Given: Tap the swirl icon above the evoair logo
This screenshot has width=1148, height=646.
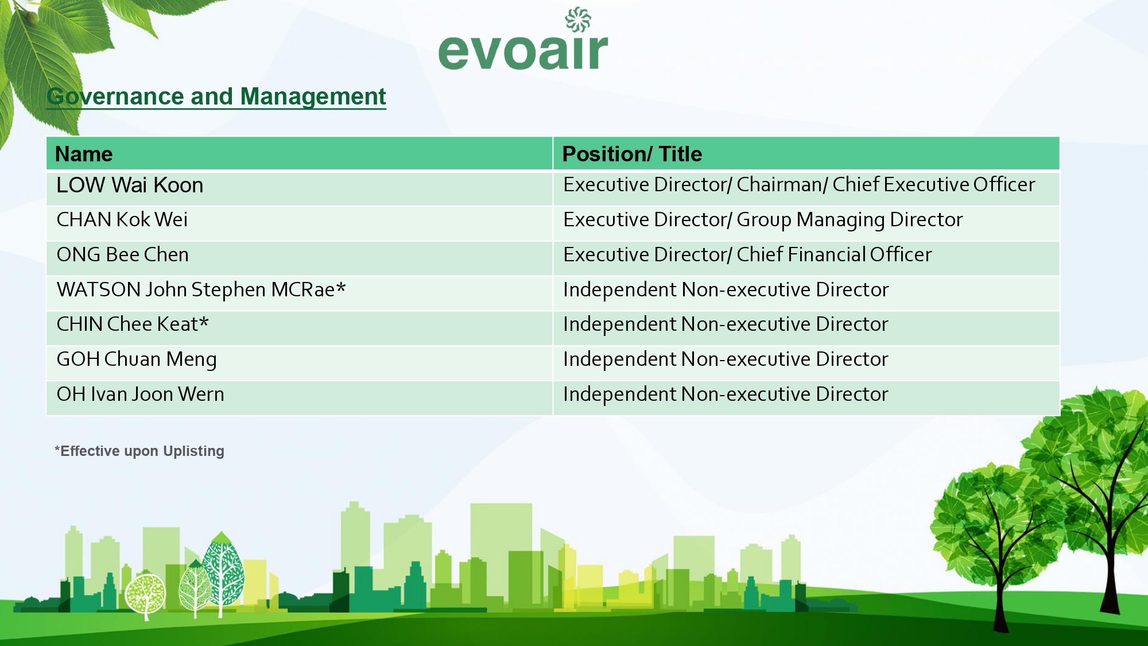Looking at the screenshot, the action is pyautogui.click(x=578, y=19).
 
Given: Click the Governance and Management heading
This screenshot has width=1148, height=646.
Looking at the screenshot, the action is pyautogui.click(x=216, y=96).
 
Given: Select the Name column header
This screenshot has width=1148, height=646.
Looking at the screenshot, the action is pyautogui.click(x=84, y=154).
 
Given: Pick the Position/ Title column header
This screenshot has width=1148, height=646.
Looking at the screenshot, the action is pyautogui.click(x=632, y=154).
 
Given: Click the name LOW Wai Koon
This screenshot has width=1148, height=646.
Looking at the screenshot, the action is pyautogui.click(x=130, y=185).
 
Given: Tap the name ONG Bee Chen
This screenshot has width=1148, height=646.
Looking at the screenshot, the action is pyautogui.click(x=123, y=254).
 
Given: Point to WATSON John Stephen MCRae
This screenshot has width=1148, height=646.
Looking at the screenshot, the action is pyautogui.click(x=201, y=290).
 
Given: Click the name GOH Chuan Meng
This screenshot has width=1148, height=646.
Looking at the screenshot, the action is pyautogui.click(x=137, y=359).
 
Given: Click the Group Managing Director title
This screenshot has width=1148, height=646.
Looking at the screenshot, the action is pyautogui.click(x=850, y=220).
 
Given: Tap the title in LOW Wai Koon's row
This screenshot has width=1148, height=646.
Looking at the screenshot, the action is pyautogui.click(x=799, y=185).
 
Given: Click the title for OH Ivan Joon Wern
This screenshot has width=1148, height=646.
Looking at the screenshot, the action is pyautogui.click(x=726, y=394).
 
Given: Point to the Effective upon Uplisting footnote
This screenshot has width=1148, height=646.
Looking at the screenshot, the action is pyautogui.click(x=139, y=451).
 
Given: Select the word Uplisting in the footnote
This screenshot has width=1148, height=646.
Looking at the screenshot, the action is pyautogui.click(x=193, y=451).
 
